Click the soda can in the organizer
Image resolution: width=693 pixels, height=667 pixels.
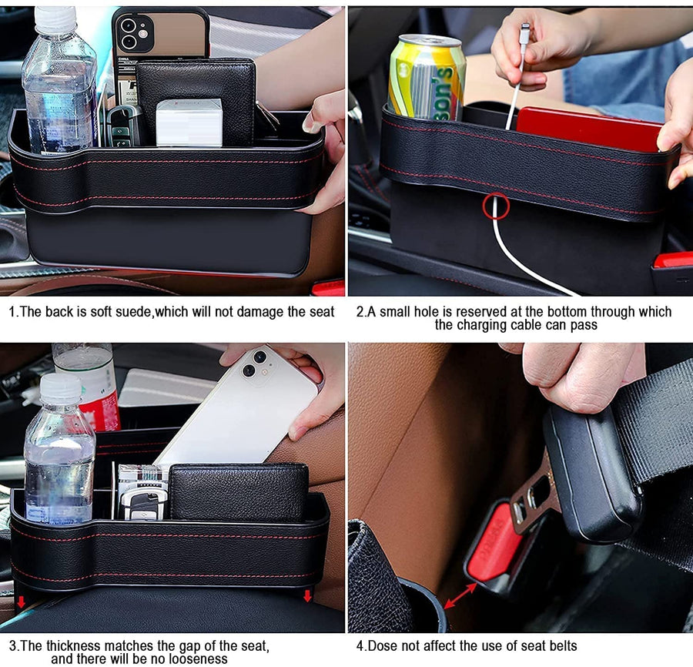pyautogui.click(x=426, y=78)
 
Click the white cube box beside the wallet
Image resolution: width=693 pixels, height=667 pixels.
pyautogui.click(x=189, y=122)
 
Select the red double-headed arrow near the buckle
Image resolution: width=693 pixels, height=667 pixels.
pyautogui.click(x=460, y=595)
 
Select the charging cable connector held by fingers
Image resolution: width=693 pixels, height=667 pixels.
pyautogui.click(x=524, y=36)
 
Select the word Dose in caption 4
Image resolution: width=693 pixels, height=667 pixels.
pyautogui.click(x=383, y=645)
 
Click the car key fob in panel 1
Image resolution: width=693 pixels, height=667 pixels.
pyautogui.click(x=122, y=126)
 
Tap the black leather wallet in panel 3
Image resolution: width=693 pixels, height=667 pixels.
pyautogui.click(x=239, y=491)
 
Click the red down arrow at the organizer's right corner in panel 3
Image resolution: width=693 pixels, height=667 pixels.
pyautogui.click(x=307, y=596)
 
